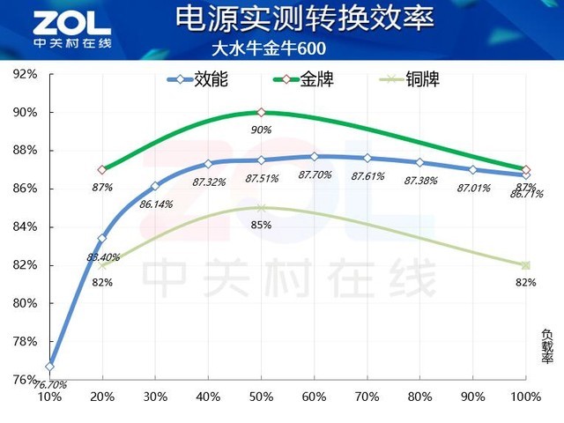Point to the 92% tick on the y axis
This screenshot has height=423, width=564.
tap(24, 75)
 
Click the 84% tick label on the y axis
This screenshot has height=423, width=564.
tap(24, 227)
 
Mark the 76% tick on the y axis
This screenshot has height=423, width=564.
tap(24, 380)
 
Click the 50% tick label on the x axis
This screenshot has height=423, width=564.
tap(261, 397)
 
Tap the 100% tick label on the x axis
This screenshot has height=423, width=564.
tap(525, 397)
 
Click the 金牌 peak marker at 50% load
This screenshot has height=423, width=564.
tap(261, 112)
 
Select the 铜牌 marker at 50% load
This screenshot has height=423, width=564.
tap(261, 208)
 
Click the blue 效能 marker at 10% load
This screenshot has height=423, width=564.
tap(50, 366)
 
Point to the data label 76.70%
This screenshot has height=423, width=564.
tap(50, 384)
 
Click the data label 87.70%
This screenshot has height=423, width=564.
tap(315, 175)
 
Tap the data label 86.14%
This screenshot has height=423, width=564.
tap(156, 204)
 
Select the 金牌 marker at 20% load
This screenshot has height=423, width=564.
tap(102, 169)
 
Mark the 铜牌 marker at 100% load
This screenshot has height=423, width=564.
tap(525, 265)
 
